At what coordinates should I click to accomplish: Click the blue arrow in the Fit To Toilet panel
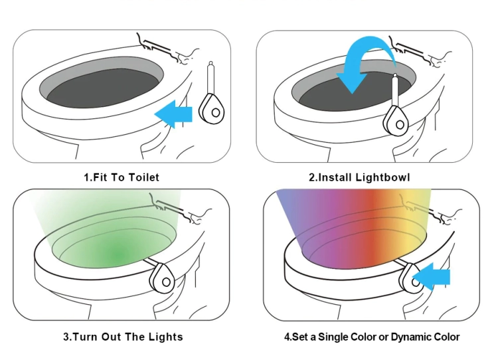click(175, 114)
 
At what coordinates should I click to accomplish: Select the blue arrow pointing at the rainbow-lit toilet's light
click(432, 276)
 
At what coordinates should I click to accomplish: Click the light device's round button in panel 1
click(216, 112)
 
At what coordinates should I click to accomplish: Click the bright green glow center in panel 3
click(118, 254)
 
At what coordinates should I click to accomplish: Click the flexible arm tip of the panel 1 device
click(210, 63)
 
